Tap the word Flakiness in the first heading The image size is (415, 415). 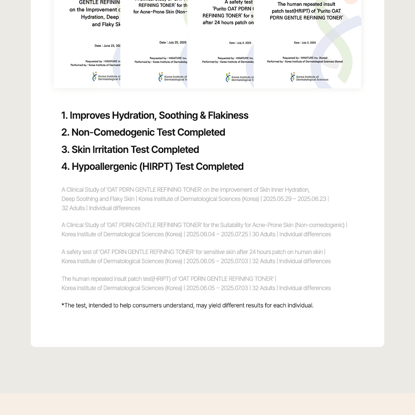(228, 116)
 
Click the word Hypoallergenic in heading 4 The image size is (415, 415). (104, 166)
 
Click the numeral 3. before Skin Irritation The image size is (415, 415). (65, 149)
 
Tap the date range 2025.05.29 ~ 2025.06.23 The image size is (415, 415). (294, 199)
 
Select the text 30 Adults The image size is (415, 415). (264, 234)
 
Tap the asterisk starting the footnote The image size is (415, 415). (63, 305)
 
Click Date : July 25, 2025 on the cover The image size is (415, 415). (173, 43)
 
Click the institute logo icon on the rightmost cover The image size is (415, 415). (293, 77)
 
